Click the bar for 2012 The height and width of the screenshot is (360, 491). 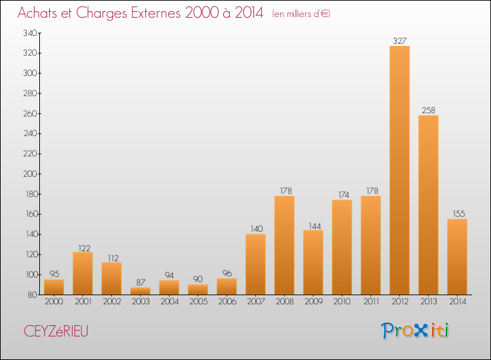click(x=399, y=170)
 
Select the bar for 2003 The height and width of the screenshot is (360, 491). click(x=140, y=291)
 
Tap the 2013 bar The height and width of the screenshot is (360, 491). click(x=428, y=205)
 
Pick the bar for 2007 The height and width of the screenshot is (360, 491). click(x=255, y=264)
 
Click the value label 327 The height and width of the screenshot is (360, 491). click(x=399, y=41)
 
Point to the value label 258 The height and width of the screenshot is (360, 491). click(x=428, y=110)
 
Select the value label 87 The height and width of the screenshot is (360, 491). click(x=141, y=282)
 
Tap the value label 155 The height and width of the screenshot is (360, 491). click(x=459, y=213)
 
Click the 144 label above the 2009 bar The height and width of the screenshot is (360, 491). click(x=315, y=226)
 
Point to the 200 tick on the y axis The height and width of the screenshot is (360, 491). click(x=30, y=174)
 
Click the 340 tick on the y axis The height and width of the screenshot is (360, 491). click(x=30, y=33)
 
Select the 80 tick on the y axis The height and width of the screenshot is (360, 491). click(x=32, y=295)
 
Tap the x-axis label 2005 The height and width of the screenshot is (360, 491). click(x=198, y=301)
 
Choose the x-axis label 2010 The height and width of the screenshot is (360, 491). click(x=342, y=301)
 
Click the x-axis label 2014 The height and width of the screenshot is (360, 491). click(x=458, y=301)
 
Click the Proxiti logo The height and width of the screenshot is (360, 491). click(x=415, y=331)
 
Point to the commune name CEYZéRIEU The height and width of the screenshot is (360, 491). click(x=56, y=331)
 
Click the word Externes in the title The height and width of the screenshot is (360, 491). click(x=156, y=12)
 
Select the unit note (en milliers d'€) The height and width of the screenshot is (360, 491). click(x=301, y=14)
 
